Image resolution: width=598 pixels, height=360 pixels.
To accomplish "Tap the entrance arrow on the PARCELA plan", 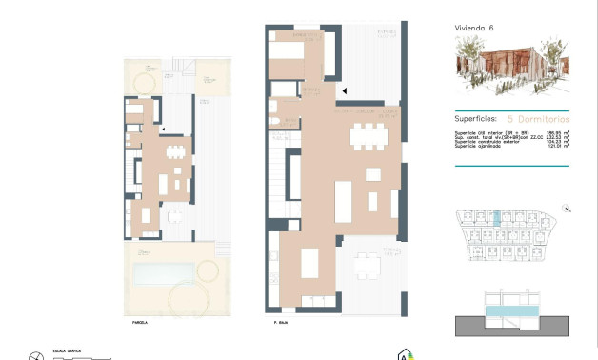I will click(x=164, y=128).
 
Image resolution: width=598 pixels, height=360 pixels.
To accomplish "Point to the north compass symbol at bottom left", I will click(x=36, y=355).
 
